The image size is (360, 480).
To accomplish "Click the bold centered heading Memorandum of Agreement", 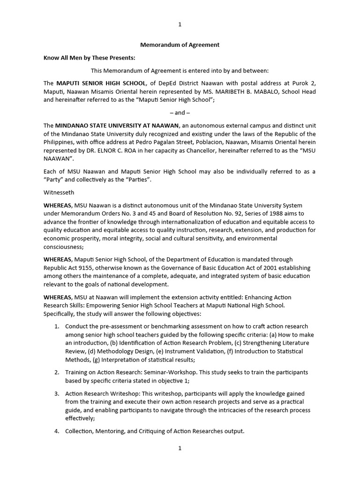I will pyautogui.click(x=180, y=45).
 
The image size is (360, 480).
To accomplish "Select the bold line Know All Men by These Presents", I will pyautogui.click(x=89, y=58).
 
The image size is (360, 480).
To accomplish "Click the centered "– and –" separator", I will pyautogui.click(x=180, y=112).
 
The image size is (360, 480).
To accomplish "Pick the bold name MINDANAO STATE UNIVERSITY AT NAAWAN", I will pyautogui.click(x=117, y=125).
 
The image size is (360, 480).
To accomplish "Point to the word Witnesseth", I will pyautogui.click(x=59, y=192).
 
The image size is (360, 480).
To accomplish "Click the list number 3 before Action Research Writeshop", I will pyautogui.click(x=56, y=393).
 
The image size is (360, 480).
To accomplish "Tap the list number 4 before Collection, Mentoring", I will pyautogui.click(x=56, y=431).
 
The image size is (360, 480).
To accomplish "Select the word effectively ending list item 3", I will pyautogui.click(x=80, y=419).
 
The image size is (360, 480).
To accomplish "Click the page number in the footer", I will pyautogui.click(x=180, y=448).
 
